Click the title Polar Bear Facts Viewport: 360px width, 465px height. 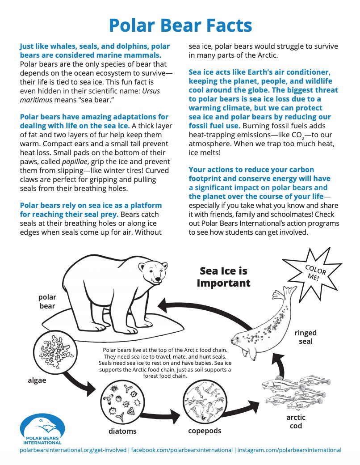click(x=180, y=25)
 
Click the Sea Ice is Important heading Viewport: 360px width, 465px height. click(x=223, y=277)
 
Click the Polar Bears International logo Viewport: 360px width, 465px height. click(x=42, y=428)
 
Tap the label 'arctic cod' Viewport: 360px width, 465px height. click(x=296, y=421)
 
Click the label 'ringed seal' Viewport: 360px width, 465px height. click(x=306, y=337)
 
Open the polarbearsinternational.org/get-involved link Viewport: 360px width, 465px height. click(x=73, y=450)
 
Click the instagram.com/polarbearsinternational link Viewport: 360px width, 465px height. click(x=289, y=450)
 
